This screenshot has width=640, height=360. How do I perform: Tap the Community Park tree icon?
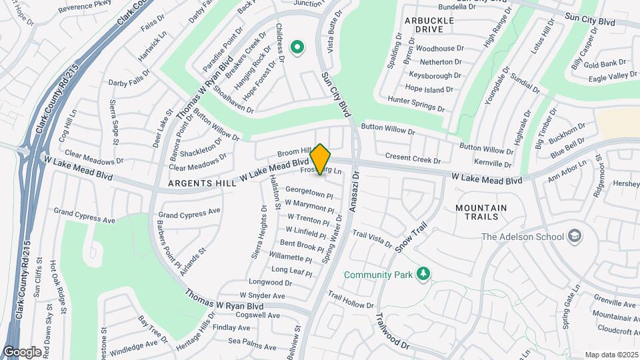pos(421,274)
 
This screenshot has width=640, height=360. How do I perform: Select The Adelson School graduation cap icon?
pos(574,236)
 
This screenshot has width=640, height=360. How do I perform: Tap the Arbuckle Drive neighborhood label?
pos(429,25)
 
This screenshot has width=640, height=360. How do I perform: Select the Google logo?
pos(22,351)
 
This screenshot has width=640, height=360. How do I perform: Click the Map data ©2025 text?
pos(611,355)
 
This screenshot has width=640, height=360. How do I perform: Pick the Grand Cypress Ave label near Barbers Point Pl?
pos(189,211)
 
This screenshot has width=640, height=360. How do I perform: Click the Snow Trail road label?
pos(410,237)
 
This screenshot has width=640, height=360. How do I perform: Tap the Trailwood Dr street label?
pos(391,331)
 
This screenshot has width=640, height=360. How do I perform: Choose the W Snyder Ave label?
pos(262,295)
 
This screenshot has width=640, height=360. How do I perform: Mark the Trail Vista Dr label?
pos(372,239)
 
